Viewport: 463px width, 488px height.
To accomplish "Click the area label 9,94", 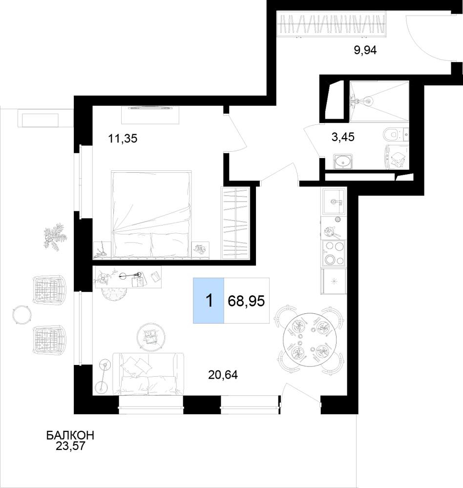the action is pyautogui.click(x=365, y=50).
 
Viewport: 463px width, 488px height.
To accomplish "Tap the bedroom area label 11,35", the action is pyautogui.click(x=123, y=138).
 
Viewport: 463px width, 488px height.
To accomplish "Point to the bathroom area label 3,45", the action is pyautogui.click(x=343, y=137).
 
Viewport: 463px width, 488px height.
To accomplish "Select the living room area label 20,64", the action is pyautogui.click(x=223, y=375).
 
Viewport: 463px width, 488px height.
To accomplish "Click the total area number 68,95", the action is pyautogui.click(x=246, y=301).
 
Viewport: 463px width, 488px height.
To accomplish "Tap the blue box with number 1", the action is pyautogui.click(x=209, y=301).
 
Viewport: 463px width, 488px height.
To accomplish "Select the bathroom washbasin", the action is pyautogui.click(x=343, y=161).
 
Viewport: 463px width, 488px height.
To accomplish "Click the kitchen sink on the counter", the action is pyautogui.click(x=334, y=201).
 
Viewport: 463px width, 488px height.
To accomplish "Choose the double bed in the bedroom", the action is pyautogui.click(x=151, y=215).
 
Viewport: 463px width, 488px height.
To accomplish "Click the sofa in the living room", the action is pyautogui.click(x=148, y=374).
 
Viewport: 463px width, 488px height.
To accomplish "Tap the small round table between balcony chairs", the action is pyautogui.click(x=22, y=315).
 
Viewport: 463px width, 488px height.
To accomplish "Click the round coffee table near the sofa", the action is pyautogui.click(x=151, y=336).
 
